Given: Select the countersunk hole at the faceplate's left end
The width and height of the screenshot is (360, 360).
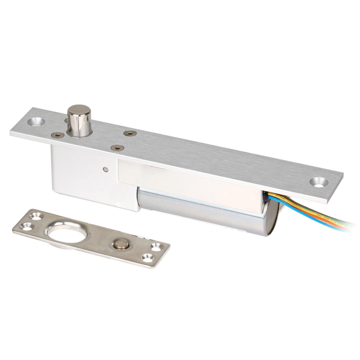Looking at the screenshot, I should (36, 121).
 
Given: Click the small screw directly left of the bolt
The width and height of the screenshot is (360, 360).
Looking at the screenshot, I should (58, 135).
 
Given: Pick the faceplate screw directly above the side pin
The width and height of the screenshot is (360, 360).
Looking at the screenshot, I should (117, 148).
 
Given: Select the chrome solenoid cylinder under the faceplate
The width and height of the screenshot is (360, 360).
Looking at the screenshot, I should (199, 208).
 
